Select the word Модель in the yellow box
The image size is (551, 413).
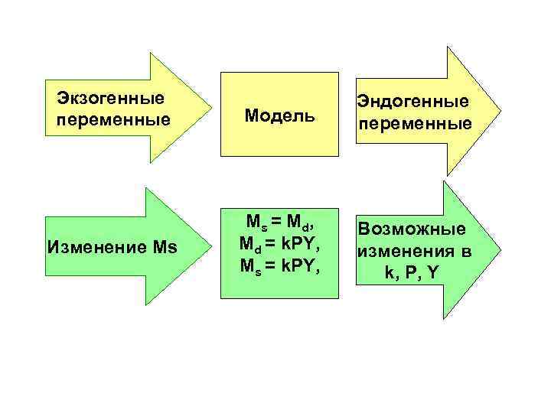point(279,115)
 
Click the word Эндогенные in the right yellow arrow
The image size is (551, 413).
point(412,102)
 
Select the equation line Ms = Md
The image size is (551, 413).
point(279,223)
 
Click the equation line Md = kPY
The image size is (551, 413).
point(279,244)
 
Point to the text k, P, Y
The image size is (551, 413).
point(413,273)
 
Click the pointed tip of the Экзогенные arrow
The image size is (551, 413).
point(212,108)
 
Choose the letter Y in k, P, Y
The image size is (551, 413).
point(434,273)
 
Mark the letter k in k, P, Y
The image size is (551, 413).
point(390,273)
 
